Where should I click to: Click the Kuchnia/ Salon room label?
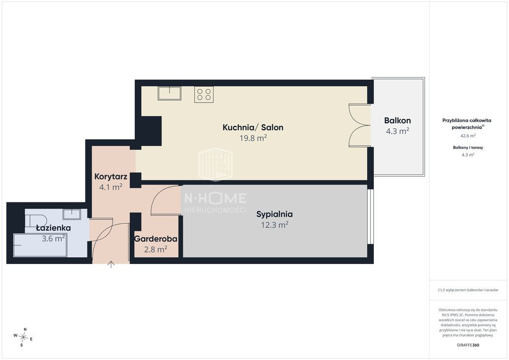(x=253, y=127)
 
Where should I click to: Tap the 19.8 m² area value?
(x=253, y=138)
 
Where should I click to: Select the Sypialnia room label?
(x=274, y=214)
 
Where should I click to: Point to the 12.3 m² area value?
(x=274, y=225)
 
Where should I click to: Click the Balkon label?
(x=397, y=120)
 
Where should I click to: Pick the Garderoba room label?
(x=156, y=239)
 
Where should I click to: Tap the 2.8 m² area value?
(x=156, y=249)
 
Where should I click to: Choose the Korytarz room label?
(x=111, y=177)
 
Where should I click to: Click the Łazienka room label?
(x=54, y=228)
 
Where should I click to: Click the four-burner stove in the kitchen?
(x=204, y=94)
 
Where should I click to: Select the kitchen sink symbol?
(x=170, y=93)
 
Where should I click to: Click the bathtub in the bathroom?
(x=40, y=245)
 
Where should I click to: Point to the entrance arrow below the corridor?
(x=111, y=265)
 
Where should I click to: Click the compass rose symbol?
(x=23, y=338)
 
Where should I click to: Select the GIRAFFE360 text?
(x=468, y=345)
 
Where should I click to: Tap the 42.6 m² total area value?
(x=468, y=136)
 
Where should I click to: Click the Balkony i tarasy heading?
(x=468, y=147)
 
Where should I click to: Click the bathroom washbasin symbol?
(x=72, y=214)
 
